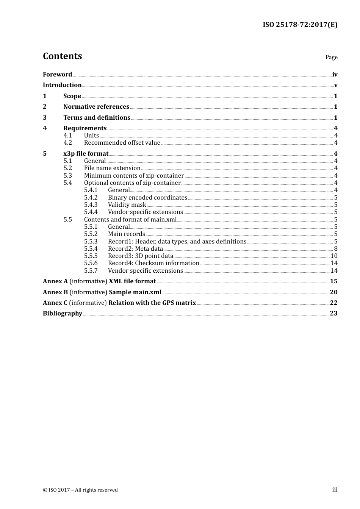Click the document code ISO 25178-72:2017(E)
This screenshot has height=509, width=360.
300,25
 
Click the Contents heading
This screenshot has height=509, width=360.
62,56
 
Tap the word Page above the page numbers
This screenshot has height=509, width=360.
331,57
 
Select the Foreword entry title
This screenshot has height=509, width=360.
57,75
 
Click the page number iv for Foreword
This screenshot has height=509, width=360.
335,75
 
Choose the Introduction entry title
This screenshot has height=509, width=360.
62,85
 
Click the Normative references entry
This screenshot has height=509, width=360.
96,107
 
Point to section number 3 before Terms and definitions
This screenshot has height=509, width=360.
45,118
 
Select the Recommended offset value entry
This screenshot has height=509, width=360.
122,143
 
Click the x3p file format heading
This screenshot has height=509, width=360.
86,154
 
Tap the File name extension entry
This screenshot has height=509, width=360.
112,168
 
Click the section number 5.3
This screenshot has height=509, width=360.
67,176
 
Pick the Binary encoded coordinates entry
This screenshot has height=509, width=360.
147,198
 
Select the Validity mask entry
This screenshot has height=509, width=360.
127,205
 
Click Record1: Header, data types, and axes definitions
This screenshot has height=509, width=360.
177,242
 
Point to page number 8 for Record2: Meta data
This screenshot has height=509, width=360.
336,249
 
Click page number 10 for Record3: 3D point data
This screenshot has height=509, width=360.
334,256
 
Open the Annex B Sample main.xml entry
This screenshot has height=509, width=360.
102,292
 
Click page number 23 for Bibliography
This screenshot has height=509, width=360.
333,314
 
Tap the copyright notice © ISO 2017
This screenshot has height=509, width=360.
80,490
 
